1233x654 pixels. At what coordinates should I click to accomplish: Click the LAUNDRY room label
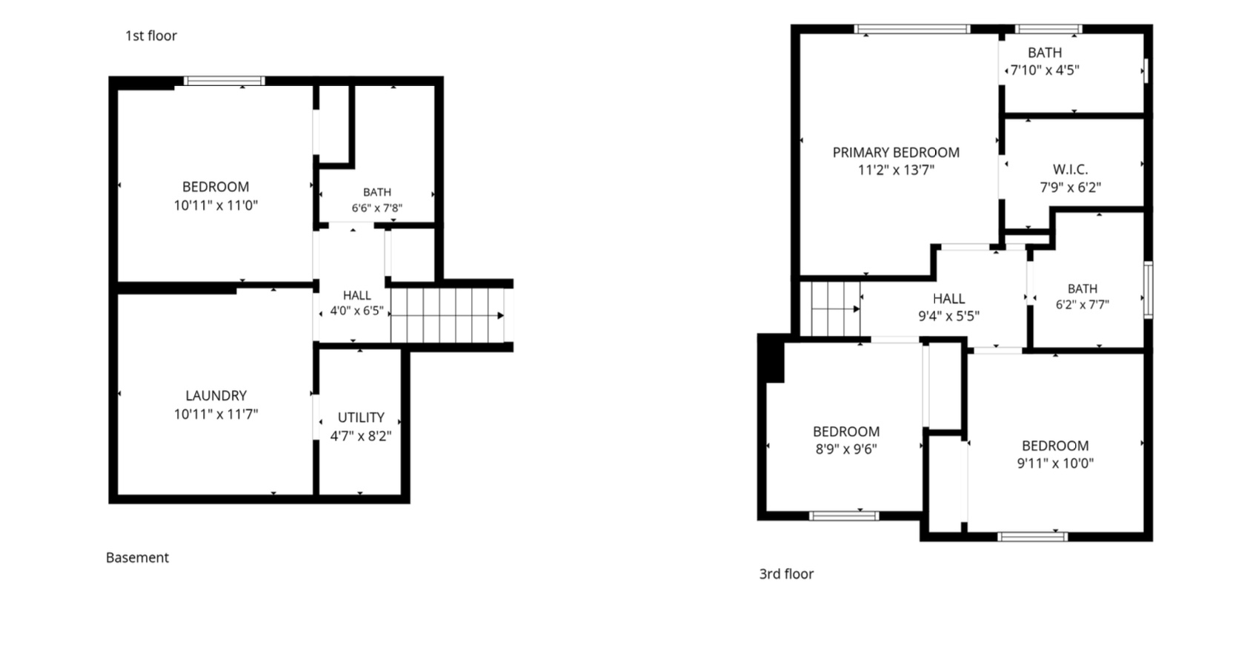pos(216,396)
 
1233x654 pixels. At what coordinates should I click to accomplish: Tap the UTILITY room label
pos(361,417)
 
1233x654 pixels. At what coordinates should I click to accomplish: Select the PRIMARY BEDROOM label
pos(896,153)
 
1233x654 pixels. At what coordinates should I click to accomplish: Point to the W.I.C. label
pos(1071,169)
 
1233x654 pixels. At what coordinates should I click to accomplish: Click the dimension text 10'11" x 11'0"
pos(216,205)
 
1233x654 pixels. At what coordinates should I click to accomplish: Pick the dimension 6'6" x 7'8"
pos(377,208)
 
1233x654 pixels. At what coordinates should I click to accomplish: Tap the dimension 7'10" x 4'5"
pos(1045,70)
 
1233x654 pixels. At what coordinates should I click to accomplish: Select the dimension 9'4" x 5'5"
pos(949,317)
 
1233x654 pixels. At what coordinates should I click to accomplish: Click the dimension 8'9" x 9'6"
pos(846,449)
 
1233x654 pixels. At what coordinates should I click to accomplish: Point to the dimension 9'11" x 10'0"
pos(1055,463)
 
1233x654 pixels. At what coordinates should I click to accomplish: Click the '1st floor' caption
pos(151,36)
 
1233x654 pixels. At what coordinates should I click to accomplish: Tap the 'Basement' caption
pos(137,558)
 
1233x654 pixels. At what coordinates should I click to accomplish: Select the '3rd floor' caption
pos(786,574)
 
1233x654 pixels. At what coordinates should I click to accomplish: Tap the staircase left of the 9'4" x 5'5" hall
pos(829,308)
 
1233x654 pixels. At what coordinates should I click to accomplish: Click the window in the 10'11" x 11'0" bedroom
pos(224,81)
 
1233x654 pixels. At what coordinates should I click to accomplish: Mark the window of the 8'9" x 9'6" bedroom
pos(844,516)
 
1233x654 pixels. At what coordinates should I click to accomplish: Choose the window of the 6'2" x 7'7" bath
pos(1149,290)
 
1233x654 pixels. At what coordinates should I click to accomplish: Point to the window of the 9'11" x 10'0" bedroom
pos(1033,537)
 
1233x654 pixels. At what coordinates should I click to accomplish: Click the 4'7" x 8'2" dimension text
pos(361,436)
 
